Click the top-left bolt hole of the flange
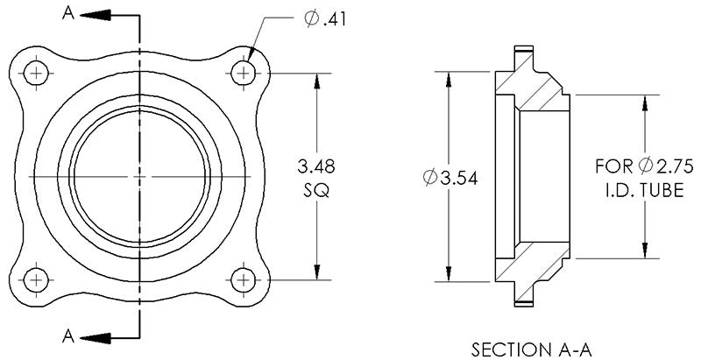click(36, 74)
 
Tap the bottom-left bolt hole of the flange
click(36, 280)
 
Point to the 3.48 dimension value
click(316, 166)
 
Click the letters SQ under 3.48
click(316, 191)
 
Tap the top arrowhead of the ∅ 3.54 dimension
click(450, 78)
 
